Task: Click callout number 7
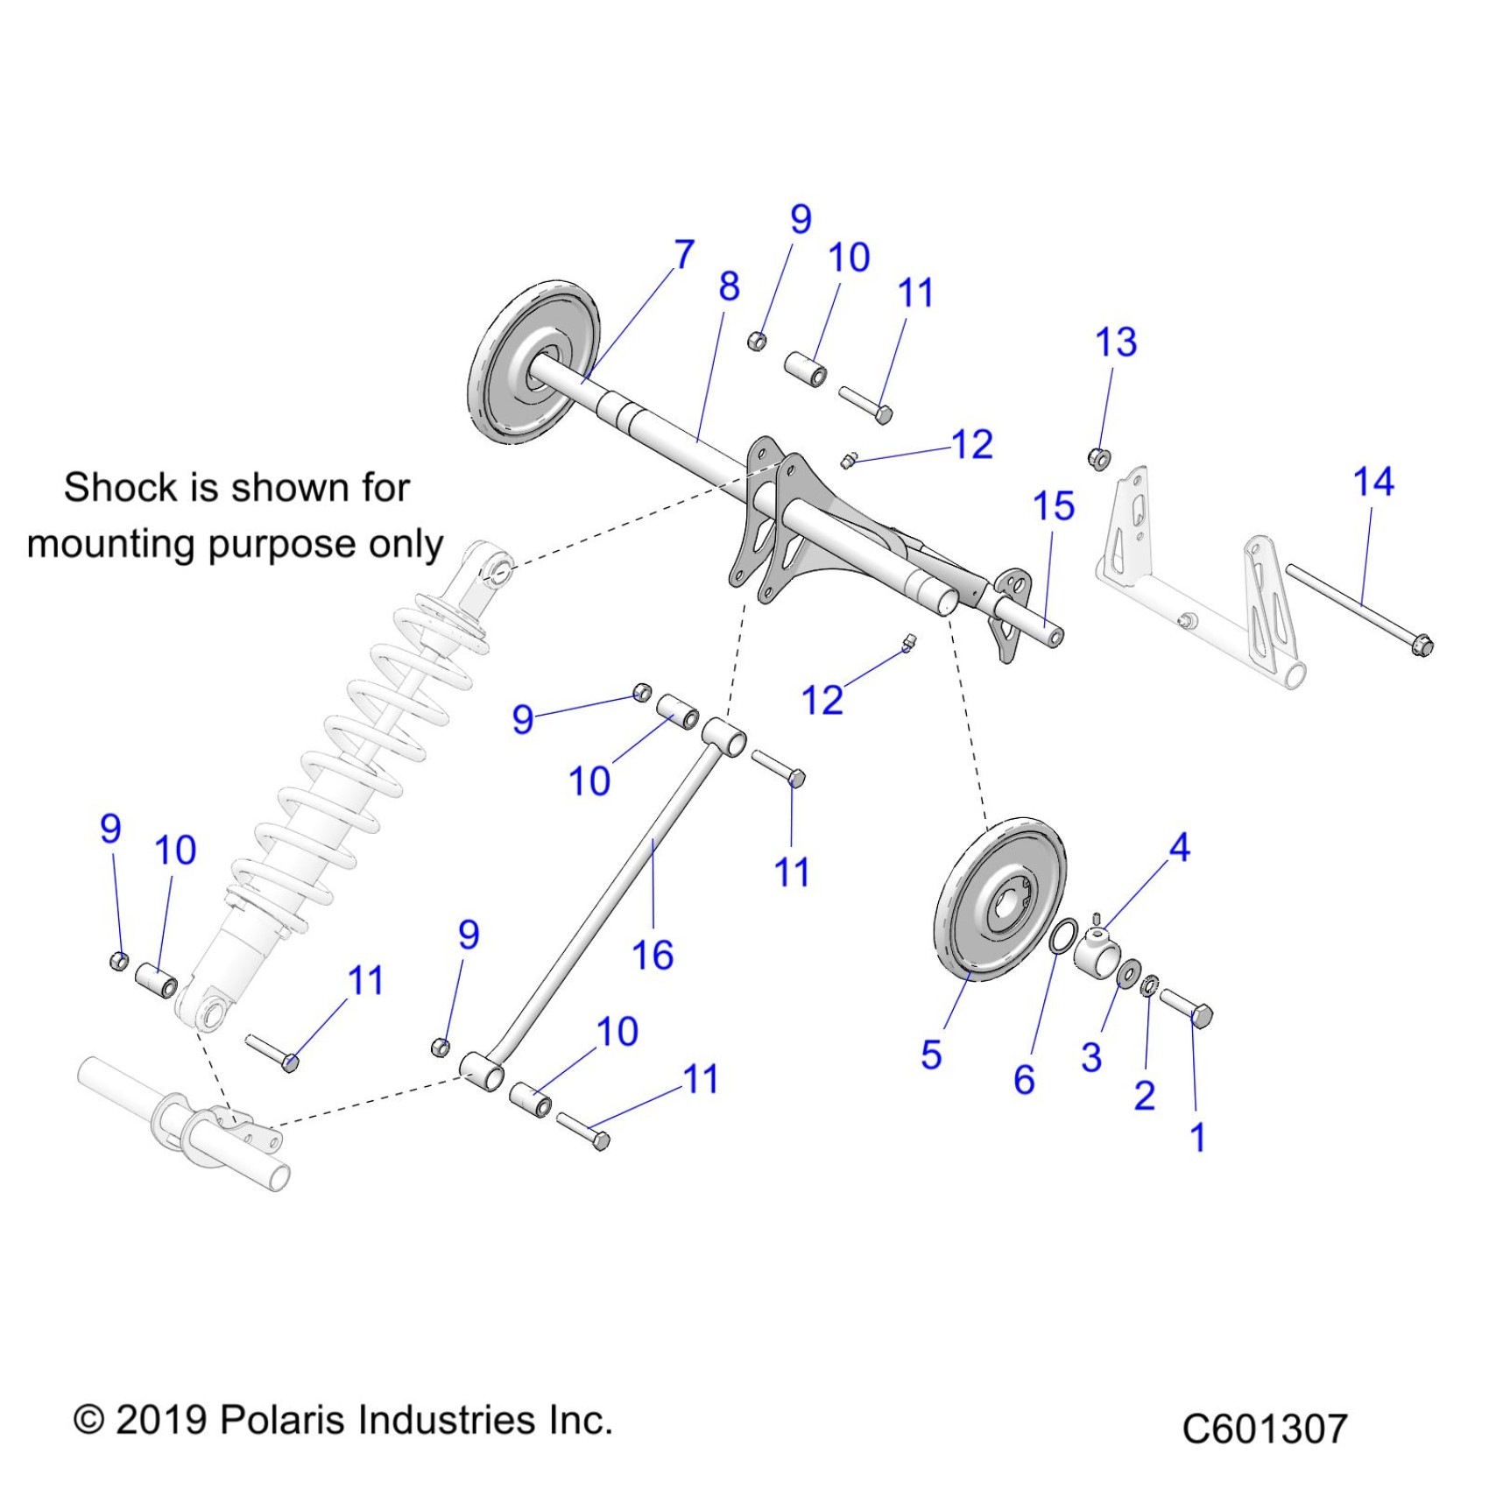pos(684,255)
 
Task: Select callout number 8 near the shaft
pos(729,286)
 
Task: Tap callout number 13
pos(1116,342)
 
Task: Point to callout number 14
pos(1373,482)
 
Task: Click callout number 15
pos(1053,506)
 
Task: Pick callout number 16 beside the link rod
pos(653,955)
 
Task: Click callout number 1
pos(1197,1138)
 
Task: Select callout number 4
pos(1179,847)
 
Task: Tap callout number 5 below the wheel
pos(931,1055)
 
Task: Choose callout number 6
pos(1024,1080)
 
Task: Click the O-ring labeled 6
pos(1061,936)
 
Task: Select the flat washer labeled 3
pos(1129,972)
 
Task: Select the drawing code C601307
pos(1263,1429)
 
